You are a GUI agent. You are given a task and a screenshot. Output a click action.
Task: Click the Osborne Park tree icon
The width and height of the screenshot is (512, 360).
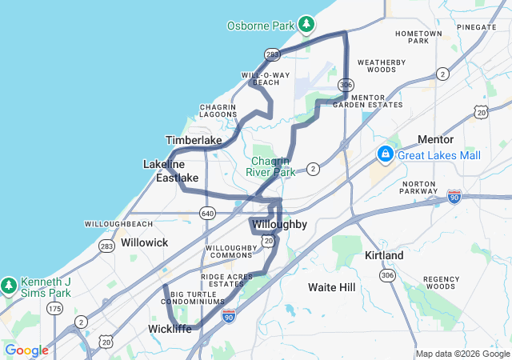tap(306, 25)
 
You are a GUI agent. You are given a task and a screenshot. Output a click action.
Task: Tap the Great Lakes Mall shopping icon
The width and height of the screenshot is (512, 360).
tap(385, 154)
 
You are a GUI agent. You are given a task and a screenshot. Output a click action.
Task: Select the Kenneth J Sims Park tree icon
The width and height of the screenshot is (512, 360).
tap(9, 285)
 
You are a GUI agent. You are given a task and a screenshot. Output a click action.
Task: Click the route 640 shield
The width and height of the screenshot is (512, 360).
tap(207, 214)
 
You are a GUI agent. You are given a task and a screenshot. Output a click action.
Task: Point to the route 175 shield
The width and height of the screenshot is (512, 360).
tap(54, 308)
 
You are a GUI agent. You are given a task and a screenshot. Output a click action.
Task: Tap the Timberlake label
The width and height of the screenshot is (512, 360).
tap(194, 140)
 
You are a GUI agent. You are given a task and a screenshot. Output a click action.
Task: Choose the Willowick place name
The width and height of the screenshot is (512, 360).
tap(144, 241)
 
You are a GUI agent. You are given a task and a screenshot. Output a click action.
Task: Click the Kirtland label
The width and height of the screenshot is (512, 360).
tap(384, 254)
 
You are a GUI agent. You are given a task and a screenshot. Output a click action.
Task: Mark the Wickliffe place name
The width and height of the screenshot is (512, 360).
tap(170, 329)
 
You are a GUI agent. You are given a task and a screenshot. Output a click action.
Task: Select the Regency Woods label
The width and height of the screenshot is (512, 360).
tap(439, 282)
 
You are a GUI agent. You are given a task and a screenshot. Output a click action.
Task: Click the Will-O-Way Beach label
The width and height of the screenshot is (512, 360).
tap(260, 78)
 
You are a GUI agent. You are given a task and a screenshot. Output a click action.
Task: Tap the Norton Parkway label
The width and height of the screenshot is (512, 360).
tap(419, 188)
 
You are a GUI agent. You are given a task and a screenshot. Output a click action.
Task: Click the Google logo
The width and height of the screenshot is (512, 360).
tap(26, 350)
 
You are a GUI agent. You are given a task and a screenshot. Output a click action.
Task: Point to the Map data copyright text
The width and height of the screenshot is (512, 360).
tap(462, 354)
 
